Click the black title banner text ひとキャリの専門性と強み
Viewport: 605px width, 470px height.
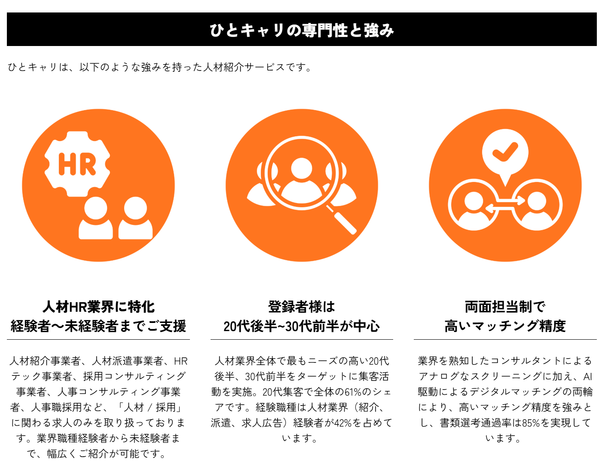pyautogui.click(x=302, y=30)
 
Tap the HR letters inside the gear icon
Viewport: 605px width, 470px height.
pyautogui.click(x=77, y=164)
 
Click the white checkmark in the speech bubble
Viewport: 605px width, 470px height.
pyautogui.click(x=505, y=152)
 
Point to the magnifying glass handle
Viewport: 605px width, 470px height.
pyautogui.click(x=342, y=220)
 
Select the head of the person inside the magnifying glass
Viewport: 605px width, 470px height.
pyautogui.click(x=302, y=169)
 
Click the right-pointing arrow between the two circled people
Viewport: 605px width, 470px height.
pyautogui.click(x=510, y=200)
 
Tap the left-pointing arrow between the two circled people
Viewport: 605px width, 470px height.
pyautogui.click(x=500, y=209)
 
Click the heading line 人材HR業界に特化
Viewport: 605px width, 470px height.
pyautogui.click(x=98, y=307)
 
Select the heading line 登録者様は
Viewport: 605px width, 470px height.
pyautogui.click(x=302, y=307)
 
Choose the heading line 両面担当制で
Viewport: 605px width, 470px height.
pyautogui.click(x=505, y=307)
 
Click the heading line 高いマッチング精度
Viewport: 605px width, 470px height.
pyautogui.click(x=505, y=326)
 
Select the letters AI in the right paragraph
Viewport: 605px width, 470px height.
pyautogui.click(x=587, y=377)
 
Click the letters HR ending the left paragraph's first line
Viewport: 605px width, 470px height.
pyautogui.click(x=181, y=361)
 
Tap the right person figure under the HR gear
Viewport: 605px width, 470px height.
pyautogui.click(x=136, y=218)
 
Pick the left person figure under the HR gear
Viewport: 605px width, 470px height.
pyautogui.click(x=96, y=218)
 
